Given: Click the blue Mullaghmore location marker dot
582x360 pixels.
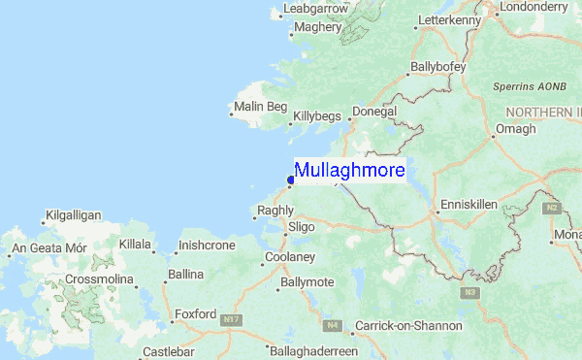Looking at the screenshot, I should tap(291, 178).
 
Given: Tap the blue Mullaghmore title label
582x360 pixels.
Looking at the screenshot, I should tap(349, 171).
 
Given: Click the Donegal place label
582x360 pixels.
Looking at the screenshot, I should tap(374, 113).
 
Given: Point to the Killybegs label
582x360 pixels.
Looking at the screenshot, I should tap(317, 115).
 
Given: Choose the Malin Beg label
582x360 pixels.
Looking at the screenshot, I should tap(261, 107).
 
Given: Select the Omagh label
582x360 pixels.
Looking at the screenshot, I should tap(515, 129).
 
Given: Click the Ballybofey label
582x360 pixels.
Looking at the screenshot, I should tap(438, 67).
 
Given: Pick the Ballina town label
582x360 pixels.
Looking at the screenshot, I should tap(185, 275).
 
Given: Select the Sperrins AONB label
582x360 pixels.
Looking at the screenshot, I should tap(529, 86).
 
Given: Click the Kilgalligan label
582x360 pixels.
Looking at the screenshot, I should tap(73, 214).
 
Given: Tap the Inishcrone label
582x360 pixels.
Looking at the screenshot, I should tap(208, 245).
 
